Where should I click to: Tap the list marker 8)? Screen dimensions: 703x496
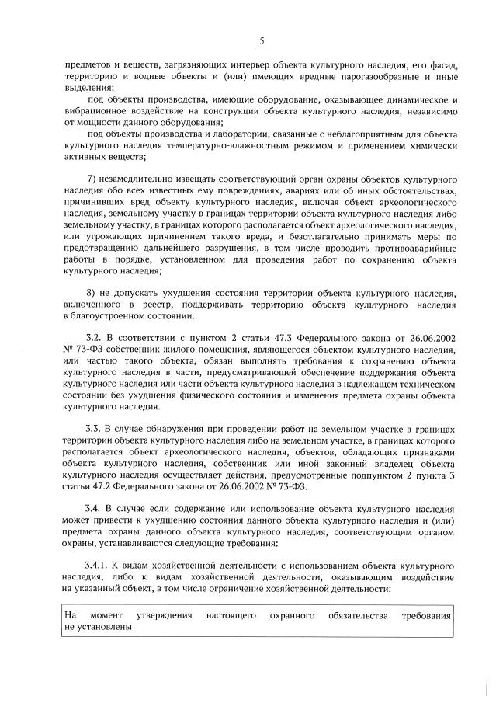93,291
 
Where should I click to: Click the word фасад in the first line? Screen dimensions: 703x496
446,67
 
